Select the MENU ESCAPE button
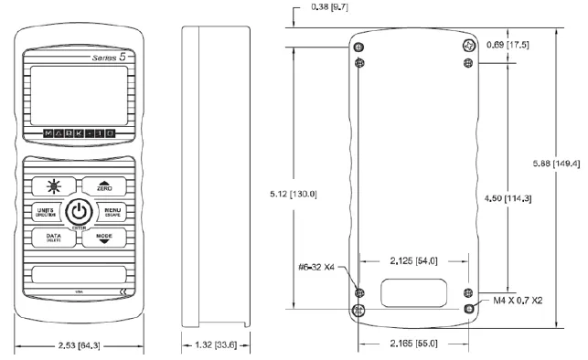pos(111,212)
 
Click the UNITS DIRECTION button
pos(47,212)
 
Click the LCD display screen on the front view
pos(77,93)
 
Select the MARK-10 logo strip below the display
pos(79,133)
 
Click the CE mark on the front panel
pos(124,291)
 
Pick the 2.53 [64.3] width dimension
pos(78,346)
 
